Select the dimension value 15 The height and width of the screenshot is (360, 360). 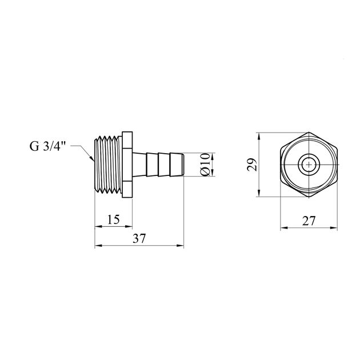113,219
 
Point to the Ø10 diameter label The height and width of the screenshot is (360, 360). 206,166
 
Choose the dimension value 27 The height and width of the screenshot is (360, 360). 309,221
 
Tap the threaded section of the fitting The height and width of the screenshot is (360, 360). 107,165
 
